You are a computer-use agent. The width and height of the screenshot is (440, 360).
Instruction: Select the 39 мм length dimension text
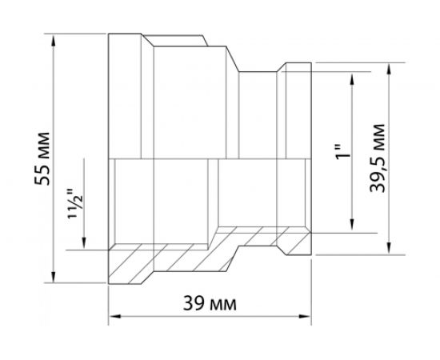[214, 305]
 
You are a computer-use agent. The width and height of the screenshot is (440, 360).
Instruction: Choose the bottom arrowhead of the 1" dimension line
[352, 228]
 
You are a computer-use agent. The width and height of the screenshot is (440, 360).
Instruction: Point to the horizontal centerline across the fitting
[208, 158]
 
